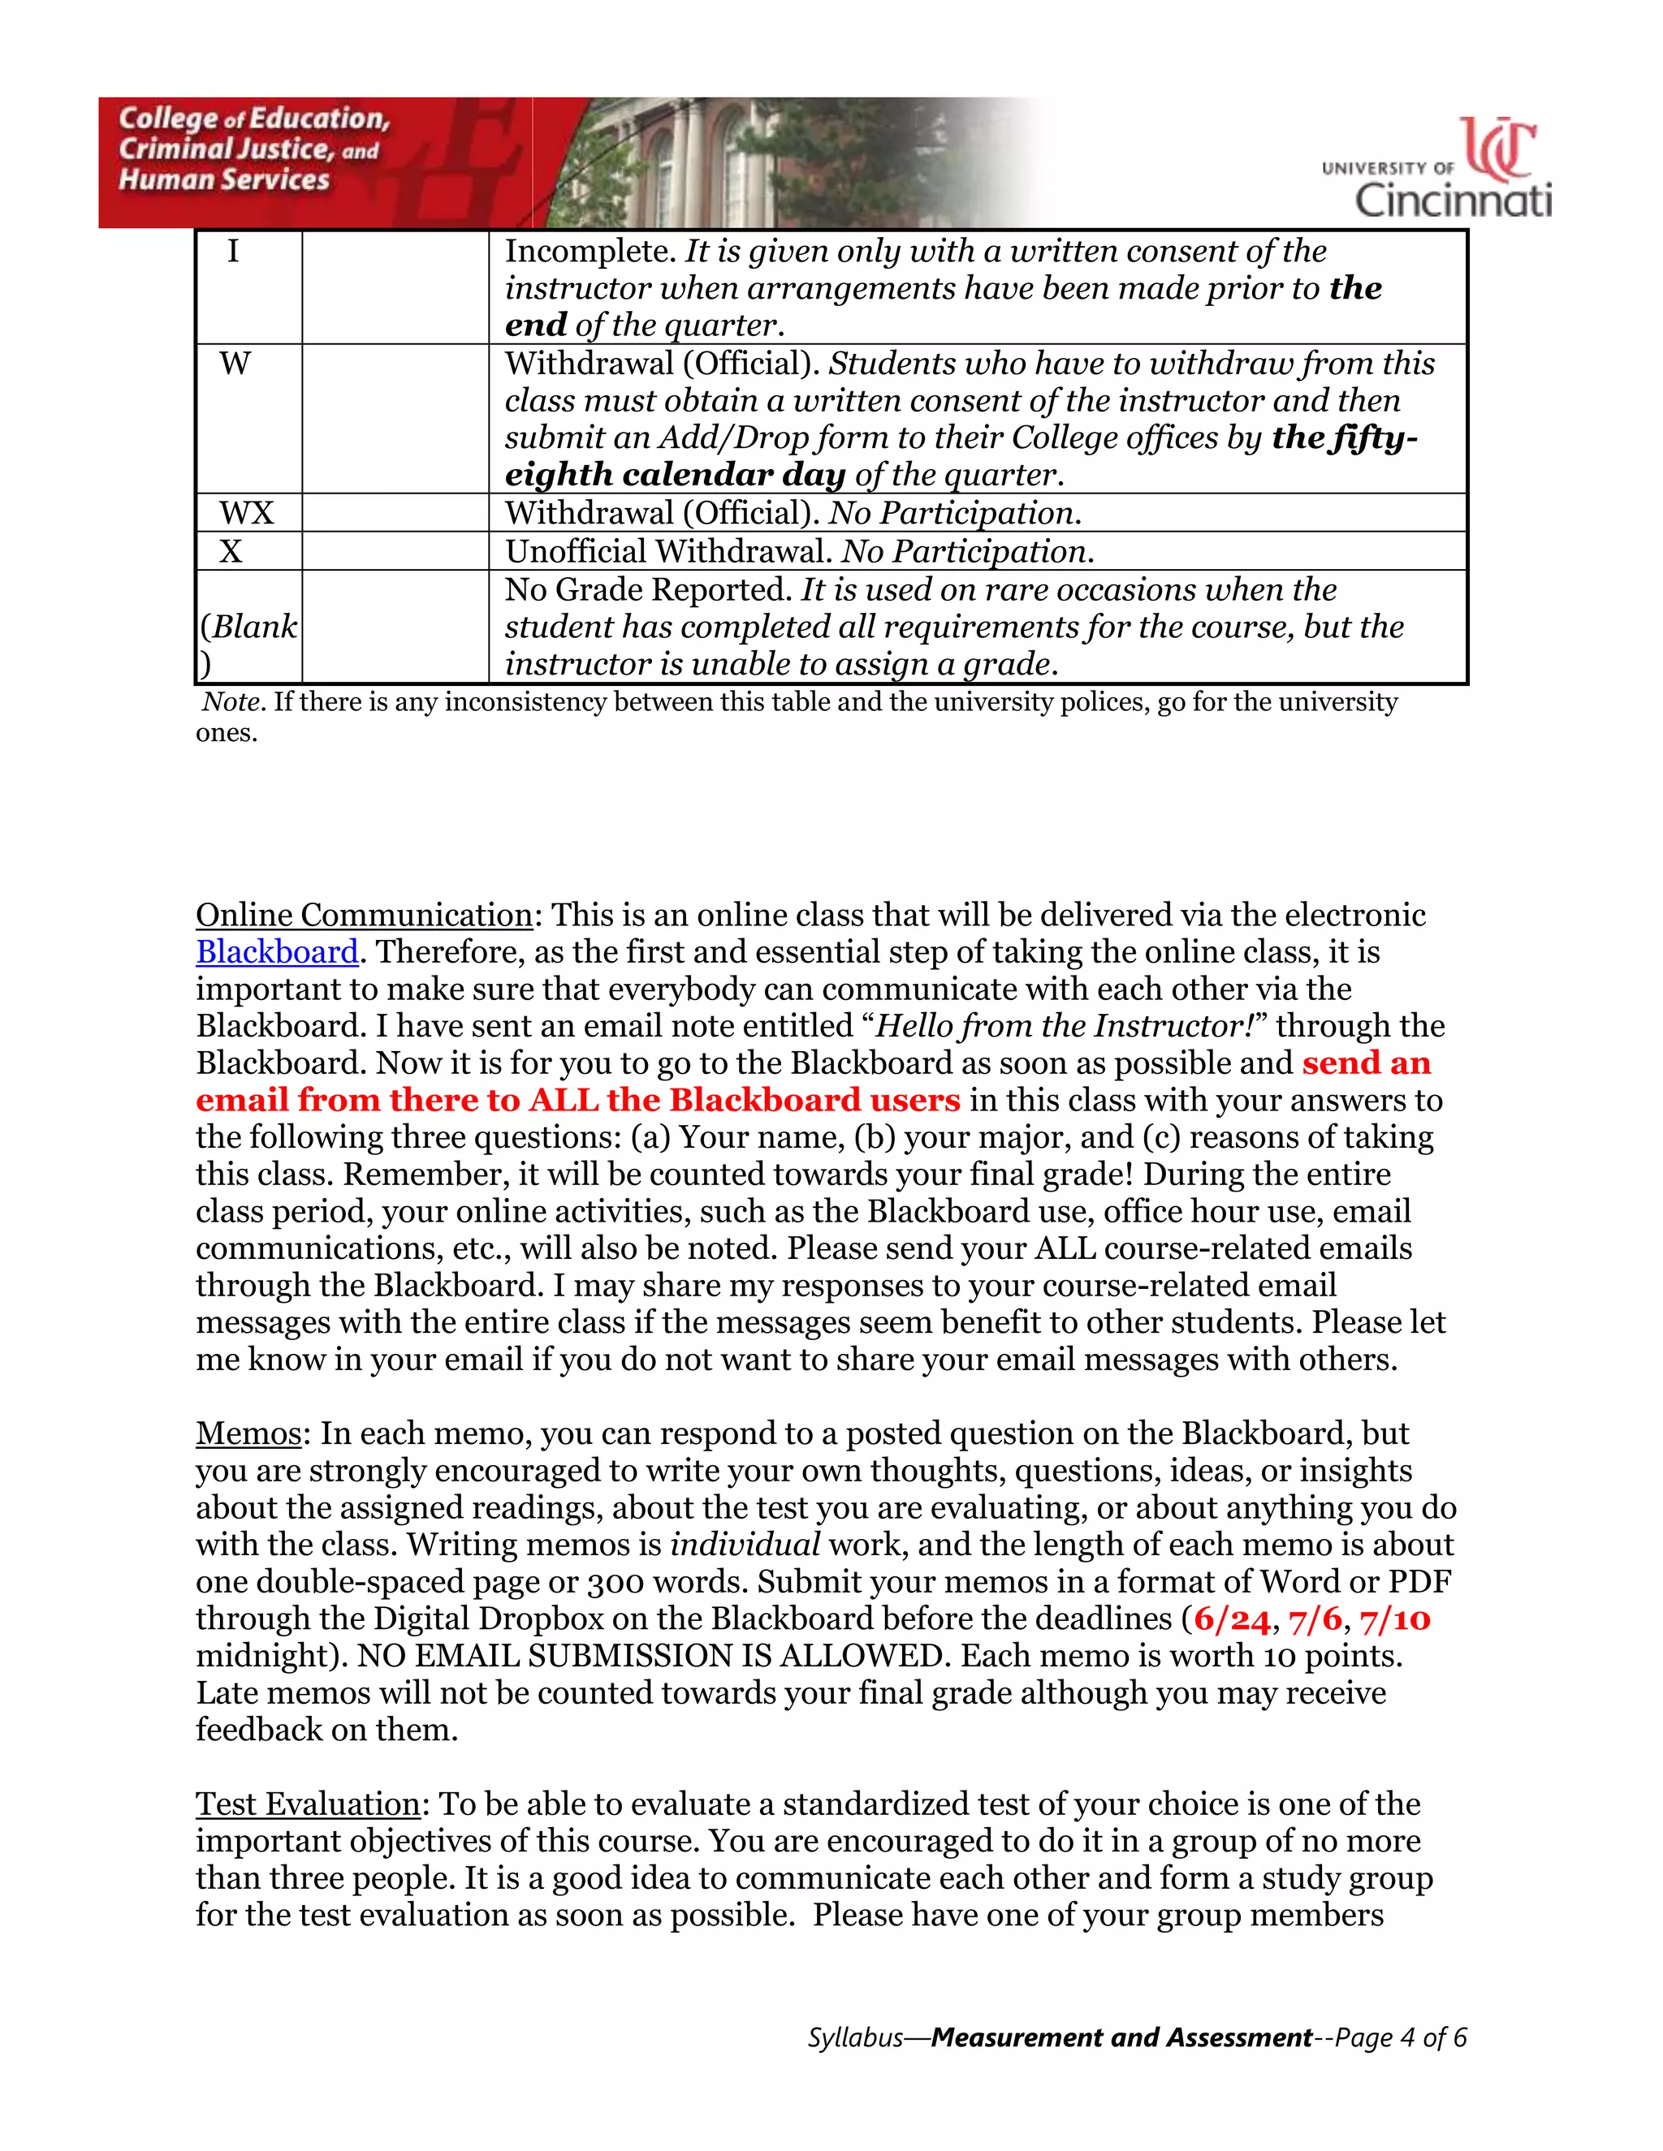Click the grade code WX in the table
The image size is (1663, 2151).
pos(246,513)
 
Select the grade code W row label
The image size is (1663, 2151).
pos(235,364)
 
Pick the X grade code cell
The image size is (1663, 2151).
pos(231,551)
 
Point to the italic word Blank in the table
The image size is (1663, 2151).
pos(254,627)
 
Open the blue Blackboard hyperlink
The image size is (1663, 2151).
pos(277,952)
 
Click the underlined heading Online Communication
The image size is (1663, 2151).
pos(364,915)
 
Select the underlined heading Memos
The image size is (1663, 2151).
pos(248,1433)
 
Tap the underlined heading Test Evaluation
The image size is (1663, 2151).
pos(309,1804)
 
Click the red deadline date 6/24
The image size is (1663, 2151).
pos(1233,1619)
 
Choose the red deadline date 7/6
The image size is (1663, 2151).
pos(1316,1619)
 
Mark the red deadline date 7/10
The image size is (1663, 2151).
pos(1395,1619)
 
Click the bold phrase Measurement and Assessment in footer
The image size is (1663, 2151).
pos(1121,2037)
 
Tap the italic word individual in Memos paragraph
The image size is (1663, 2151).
pos(745,1545)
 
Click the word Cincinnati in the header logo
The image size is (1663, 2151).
pos(1454,200)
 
